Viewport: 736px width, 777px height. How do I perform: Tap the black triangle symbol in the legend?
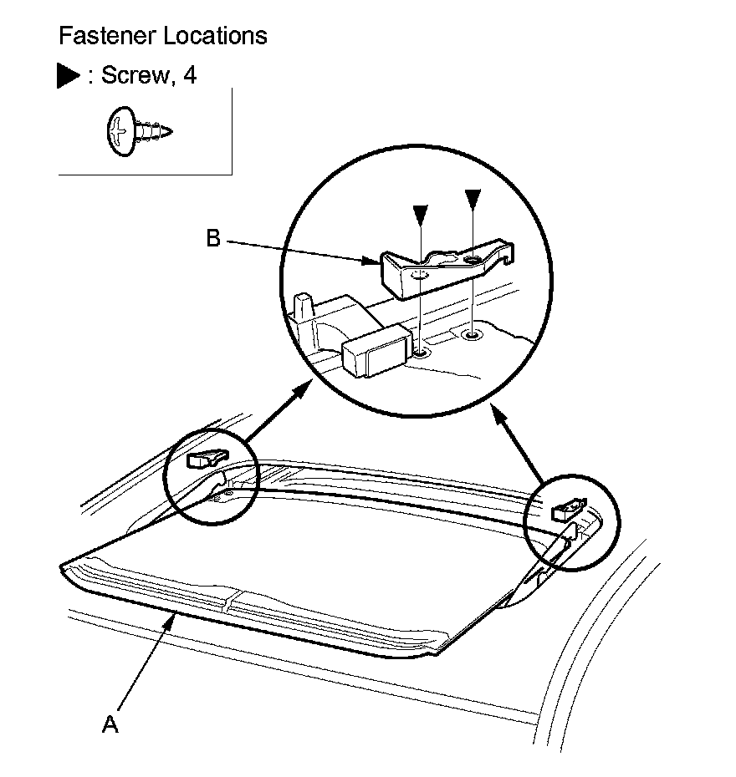(68, 76)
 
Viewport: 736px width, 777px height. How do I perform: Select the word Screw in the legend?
(133, 76)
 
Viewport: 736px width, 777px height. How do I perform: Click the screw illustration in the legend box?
(138, 132)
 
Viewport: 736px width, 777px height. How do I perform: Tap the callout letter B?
(213, 240)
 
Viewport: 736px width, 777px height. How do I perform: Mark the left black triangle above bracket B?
(421, 216)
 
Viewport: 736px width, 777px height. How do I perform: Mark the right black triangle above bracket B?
(473, 199)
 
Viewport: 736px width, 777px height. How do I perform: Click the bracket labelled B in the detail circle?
(443, 266)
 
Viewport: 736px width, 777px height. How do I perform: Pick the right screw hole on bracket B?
(473, 261)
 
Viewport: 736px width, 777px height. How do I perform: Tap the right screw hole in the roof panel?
(473, 336)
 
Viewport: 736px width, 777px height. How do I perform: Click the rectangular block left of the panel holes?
(376, 349)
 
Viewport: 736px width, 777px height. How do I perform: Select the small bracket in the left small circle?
(206, 457)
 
